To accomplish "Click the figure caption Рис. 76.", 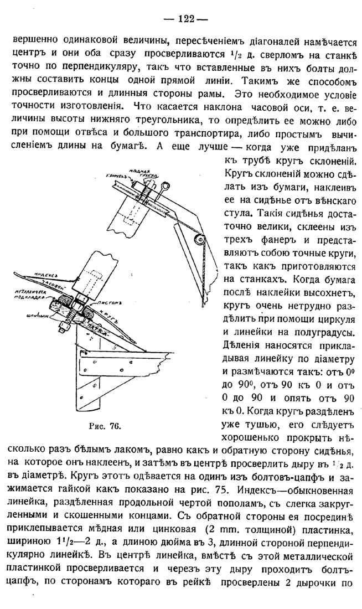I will [x=105, y=426].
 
